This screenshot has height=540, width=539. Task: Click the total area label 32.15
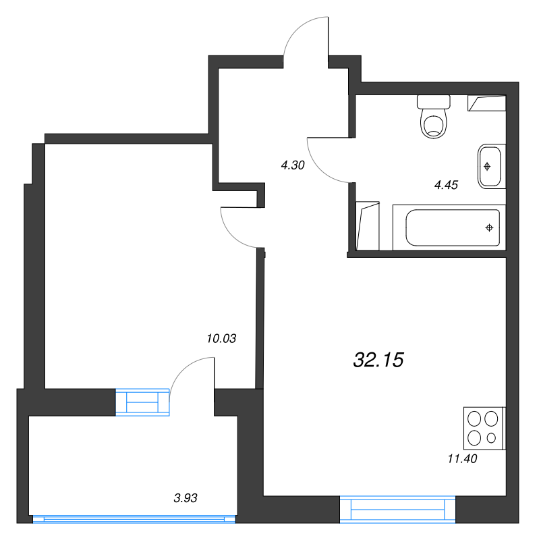click(378, 360)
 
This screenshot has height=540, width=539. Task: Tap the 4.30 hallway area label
click(293, 165)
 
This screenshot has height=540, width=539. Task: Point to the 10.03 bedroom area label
click(221, 339)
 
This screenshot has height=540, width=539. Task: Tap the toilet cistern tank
click(434, 102)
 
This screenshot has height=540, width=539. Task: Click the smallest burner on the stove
click(491, 438)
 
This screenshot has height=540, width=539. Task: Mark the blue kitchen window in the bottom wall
click(397, 509)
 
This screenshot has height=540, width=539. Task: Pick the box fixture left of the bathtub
click(368, 226)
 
